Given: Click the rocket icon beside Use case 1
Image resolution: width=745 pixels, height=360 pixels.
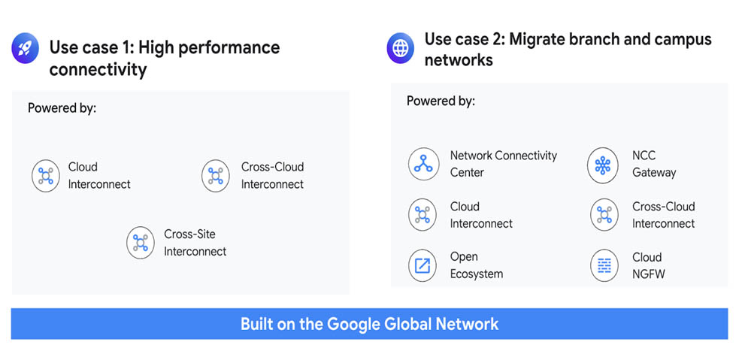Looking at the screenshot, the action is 25,48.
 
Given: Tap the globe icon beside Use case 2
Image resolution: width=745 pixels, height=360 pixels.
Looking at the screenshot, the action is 401,48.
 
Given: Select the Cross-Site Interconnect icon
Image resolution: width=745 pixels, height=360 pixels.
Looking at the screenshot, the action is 140,243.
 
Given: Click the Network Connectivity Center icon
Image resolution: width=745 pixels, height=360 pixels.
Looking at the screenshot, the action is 422,164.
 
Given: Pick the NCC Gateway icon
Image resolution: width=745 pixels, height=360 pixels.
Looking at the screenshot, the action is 602,165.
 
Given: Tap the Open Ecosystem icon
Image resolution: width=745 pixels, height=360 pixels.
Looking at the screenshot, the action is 422,265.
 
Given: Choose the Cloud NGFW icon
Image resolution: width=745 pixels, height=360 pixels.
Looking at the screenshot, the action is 604,265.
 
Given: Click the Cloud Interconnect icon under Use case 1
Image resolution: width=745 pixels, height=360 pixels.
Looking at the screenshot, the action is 46,176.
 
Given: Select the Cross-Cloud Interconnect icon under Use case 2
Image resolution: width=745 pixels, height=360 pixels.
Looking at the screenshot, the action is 604,215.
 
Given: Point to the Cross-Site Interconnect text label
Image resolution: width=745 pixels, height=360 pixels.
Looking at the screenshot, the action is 195,243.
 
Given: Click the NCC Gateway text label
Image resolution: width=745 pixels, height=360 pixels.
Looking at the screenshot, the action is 654,165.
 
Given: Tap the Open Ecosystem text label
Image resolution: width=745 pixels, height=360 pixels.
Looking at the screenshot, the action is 477,265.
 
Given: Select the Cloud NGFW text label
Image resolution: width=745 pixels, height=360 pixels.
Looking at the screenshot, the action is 649,265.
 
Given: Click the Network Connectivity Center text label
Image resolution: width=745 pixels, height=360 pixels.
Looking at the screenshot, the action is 504,164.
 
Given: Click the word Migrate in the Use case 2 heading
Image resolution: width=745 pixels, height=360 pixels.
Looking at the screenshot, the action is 539,39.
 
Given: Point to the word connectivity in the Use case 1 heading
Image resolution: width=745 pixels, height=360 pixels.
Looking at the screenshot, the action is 98,70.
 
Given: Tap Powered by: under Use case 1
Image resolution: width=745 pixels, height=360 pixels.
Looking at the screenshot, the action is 62,108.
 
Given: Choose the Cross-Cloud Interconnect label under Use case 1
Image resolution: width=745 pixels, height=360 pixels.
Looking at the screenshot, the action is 272,175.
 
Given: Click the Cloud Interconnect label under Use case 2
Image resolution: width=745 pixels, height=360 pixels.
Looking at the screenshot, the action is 481,215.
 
